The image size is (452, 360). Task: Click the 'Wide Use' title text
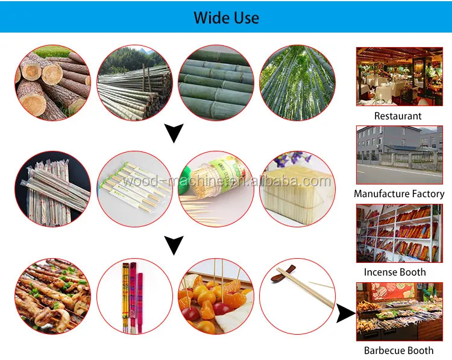pyautogui.click(x=226, y=17)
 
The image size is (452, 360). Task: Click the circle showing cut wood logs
pyautogui.click(x=52, y=83)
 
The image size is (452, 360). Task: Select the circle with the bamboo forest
pyautogui.click(x=297, y=83)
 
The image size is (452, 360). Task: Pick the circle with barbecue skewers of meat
pyautogui.click(x=52, y=296)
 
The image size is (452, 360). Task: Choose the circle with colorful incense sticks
pyautogui.click(x=134, y=296)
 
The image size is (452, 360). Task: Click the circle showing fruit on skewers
pyautogui.click(x=216, y=296)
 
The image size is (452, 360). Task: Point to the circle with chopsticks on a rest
pyautogui.click(x=297, y=296)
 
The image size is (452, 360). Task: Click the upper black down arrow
pyautogui.click(x=174, y=133)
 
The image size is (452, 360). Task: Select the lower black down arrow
pyautogui.click(x=174, y=245)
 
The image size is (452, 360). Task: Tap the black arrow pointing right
pyautogui.click(x=345, y=313)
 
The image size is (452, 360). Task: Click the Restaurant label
pyautogui.click(x=398, y=116)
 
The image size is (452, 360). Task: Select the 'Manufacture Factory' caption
pyautogui.click(x=399, y=194)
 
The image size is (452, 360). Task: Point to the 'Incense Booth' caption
pyautogui.click(x=398, y=272)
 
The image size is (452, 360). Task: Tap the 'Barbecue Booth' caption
pyautogui.click(x=398, y=350)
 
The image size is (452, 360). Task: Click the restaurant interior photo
pyautogui.click(x=399, y=76)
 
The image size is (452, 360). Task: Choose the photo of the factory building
pyautogui.click(x=399, y=154)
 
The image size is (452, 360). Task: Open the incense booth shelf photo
pyautogui.click(x=399, y=233)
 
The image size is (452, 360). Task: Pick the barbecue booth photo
pyautogui.click(x=399, y=311)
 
